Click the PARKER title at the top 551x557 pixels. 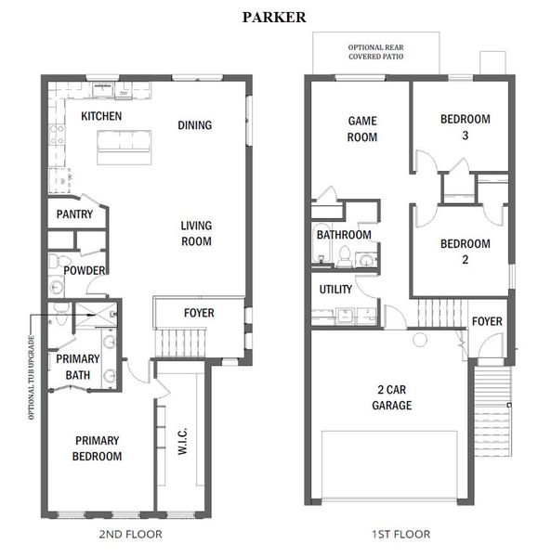275,17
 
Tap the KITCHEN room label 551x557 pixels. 101,116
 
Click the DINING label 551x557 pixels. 194,125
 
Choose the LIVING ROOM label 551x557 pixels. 196,233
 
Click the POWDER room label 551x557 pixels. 85,270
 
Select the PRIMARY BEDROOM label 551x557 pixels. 98,448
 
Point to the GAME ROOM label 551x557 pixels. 362,129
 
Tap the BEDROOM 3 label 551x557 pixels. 465,126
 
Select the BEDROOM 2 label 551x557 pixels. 465,252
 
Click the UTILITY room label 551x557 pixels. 335,289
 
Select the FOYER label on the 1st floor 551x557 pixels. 487,321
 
